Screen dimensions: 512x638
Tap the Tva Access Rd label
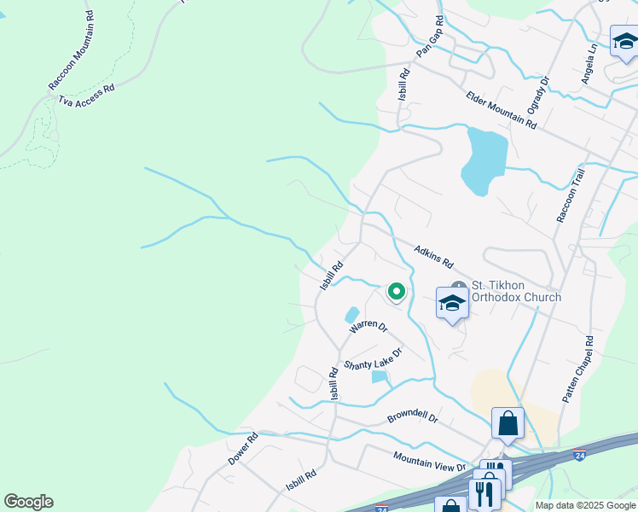pyautogui.click(x=85, y=96)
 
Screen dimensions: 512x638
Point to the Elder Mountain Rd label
pyautogui.click(x=501, y=109)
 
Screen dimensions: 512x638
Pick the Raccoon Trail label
pyautogui.click(x=571, y=195)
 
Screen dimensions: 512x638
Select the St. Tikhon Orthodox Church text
pyautogui.click(x=517, y=291)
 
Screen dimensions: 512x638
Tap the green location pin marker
pyautogui.click(x=397, y=292)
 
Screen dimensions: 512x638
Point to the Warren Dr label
pyautogui.click(x=368, y=327)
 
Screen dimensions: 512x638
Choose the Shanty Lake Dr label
pyautogui.click(x=373, y=359)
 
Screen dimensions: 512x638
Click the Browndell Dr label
pyautogui.click(x=412, y=418)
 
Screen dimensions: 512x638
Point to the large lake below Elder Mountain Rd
pyautogui.click(x=484, y=160)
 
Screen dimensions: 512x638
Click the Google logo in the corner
pyautogui.click(x=28, y=502)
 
